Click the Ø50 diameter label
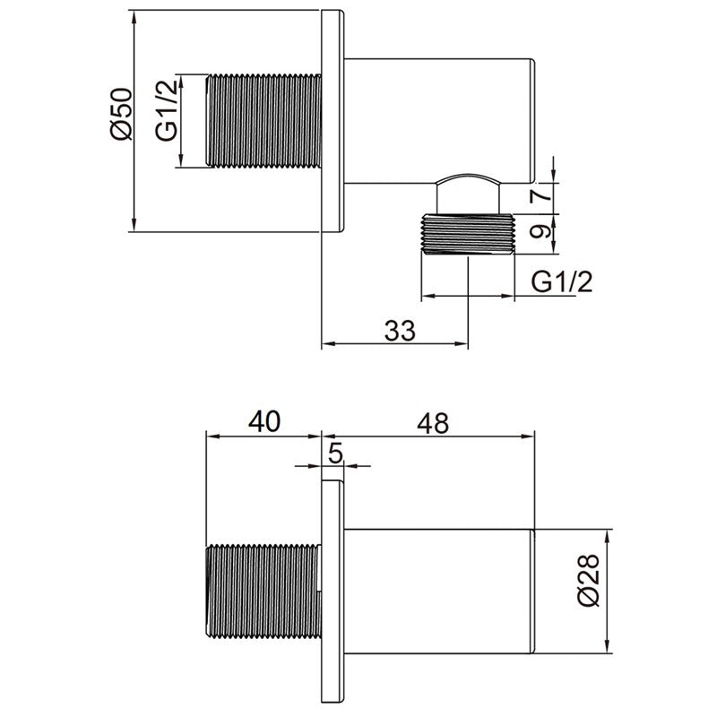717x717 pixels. (x=122, y=114)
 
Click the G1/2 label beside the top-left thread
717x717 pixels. (x=167, y=110)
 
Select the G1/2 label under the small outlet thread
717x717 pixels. (x=562, y=281)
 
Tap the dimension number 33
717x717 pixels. (x=400, y=330)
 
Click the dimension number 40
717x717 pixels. (x=264, y=421)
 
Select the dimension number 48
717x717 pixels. (x=433, y=423)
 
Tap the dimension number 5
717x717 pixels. (x=335, y=454)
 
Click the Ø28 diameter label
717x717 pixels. (x=588, y=580)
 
